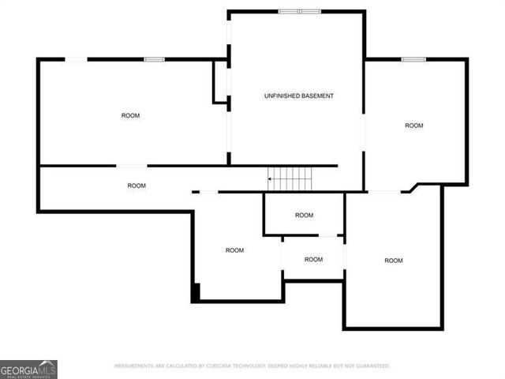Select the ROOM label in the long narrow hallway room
pos(137,186)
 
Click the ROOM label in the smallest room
pos(313,260)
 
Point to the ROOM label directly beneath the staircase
pos(304,216)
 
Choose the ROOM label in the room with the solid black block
pos(234,250)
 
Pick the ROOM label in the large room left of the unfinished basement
pos(130,116)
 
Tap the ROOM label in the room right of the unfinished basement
pos(414,126)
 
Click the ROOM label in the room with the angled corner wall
pos(393,261)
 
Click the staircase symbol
pos(292,179)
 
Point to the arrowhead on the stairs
pos(271,179)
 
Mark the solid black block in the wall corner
pos(196,292)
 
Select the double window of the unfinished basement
pos(299,11)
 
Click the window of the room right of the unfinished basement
pos(413,59)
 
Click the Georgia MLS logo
pos(28,369)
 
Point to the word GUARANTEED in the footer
pos(371,366)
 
